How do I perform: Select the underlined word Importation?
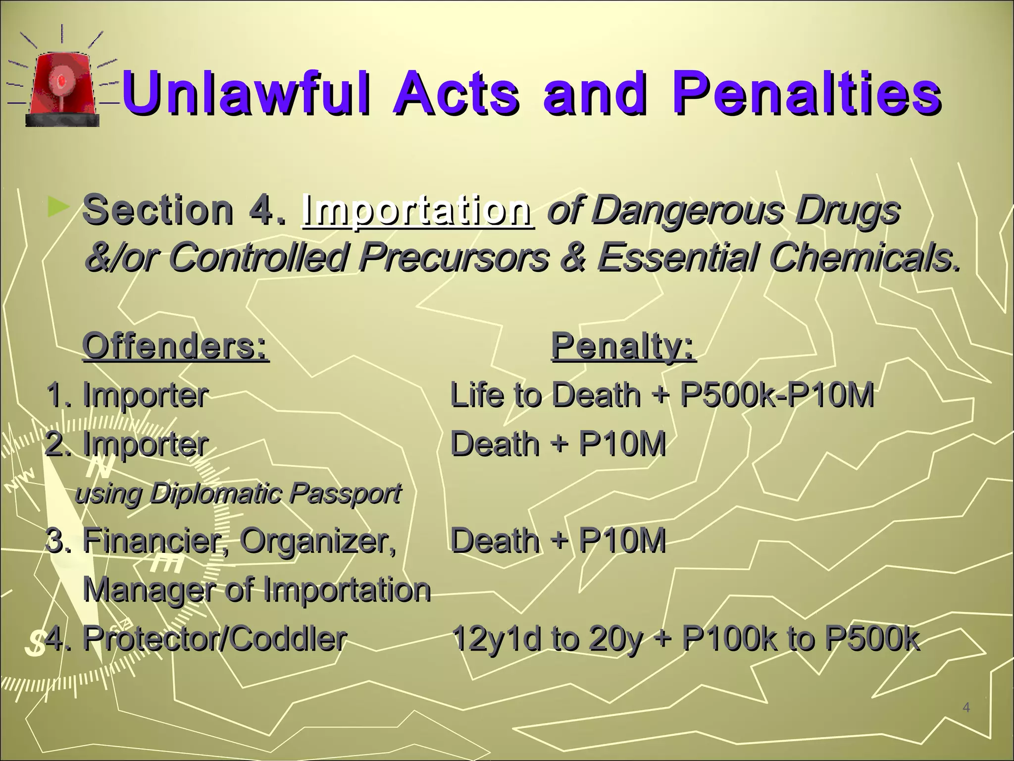pos(417,211)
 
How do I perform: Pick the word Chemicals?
pos(864,257)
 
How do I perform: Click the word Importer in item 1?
pos(145,395)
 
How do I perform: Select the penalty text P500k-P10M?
pos(776,395)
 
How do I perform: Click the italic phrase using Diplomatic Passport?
pos(238,493)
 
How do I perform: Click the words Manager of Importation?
pos(256,590)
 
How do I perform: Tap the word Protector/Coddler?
pos(214,638)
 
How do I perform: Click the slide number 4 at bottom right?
pos(966,708)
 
